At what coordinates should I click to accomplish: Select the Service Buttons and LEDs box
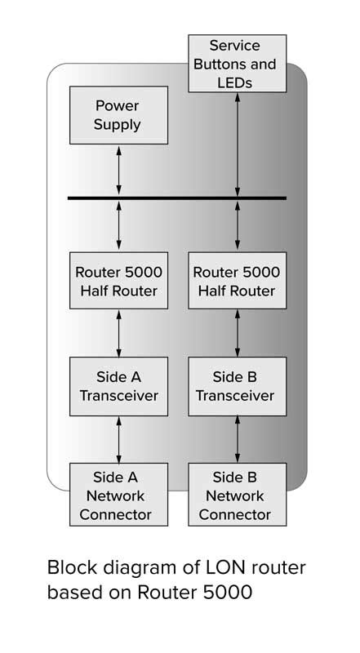[238, 63]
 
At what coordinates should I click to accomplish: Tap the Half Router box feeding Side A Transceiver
[118, 281]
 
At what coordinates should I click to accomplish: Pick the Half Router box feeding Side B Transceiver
[238, 281]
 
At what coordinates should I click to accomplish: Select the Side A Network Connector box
[118, 495]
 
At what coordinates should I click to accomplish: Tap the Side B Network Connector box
[238, 495]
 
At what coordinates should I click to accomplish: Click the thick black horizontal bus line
[176, 198]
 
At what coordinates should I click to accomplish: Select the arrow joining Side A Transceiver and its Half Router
[119, 333]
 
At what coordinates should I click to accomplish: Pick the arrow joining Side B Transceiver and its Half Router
[238, 333]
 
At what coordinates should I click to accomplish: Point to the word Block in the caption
[71, 568]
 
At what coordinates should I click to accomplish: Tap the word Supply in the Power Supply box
[118, 125]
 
